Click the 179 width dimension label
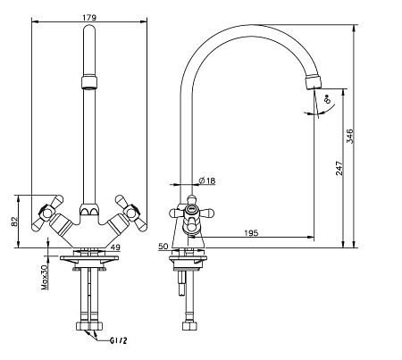(89, 18)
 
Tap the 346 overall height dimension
(350, 136)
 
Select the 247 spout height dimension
(339, 168)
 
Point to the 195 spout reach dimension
(251, 233)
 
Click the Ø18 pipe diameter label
(207, 180)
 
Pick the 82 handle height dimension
(14, 222)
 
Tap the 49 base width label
(115, 247)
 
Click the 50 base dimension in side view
(163, 247)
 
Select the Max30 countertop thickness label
(45, 278)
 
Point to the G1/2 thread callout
(119, 340)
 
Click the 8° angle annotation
(327, 98)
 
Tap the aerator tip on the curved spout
(314, 82)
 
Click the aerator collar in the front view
(89, 82)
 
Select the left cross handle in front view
(47, 213)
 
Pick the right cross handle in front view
(131, 213)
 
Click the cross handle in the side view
(192, 213)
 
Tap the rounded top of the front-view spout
(89, 29)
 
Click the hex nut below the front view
(89, 325)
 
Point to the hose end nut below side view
(189, 325)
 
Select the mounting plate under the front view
(89, 258)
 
